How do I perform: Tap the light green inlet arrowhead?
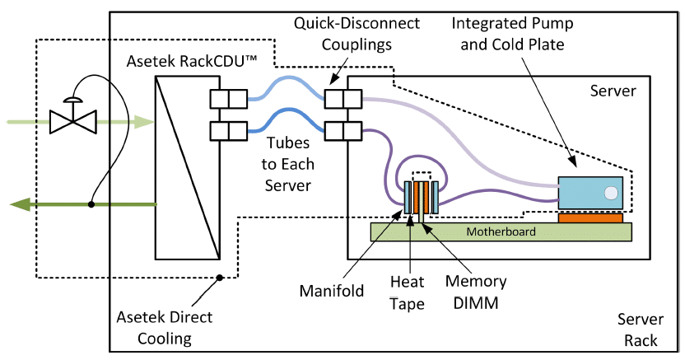[x=144, y=122]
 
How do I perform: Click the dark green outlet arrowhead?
[x=20, y=204]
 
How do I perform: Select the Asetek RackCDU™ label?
[x=192, y=61]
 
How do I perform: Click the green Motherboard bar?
[x=501, y=231]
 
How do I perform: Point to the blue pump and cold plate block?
[x=590, y=193]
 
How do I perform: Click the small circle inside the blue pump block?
[x=611, y=193]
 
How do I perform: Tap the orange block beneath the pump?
[x=590, y=217]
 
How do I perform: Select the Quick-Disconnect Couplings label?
[x=356, y=34]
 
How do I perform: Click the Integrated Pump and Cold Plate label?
[x=512, y=34]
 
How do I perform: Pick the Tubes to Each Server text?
[x=288, y=164]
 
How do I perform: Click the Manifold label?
[x=332, y=291]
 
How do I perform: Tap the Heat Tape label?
[x=408, y=292]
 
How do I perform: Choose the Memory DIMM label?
[x=476, y=292]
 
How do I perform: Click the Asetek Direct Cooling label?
[x=165, y=328]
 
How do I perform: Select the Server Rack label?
[x=641, y=330]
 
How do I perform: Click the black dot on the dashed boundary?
[x=220, y=278]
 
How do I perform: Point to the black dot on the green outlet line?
[x=91, y=204]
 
